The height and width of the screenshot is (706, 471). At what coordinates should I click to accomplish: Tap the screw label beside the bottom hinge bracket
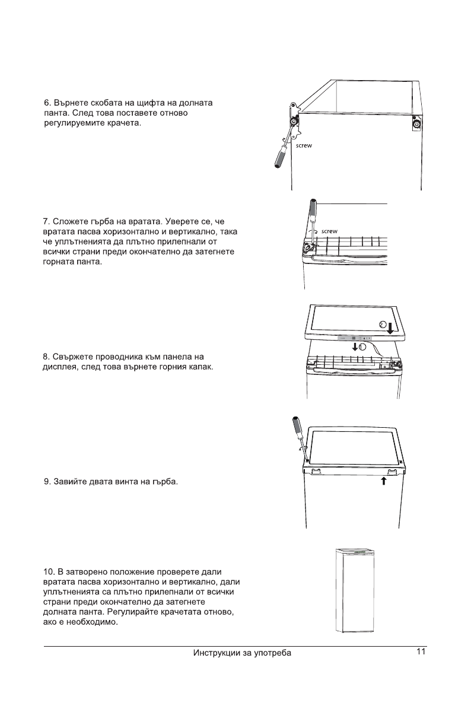(304, 145)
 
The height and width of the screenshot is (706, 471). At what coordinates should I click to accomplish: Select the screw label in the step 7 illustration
(329, 230)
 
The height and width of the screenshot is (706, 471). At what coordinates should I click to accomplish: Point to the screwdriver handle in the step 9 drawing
(297, 427)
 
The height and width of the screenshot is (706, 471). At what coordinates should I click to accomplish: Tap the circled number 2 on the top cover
(383, 324)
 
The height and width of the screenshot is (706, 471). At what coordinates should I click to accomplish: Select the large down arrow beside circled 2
(392, 327)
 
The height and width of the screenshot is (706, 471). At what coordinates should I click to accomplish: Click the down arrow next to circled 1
(355, 346)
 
